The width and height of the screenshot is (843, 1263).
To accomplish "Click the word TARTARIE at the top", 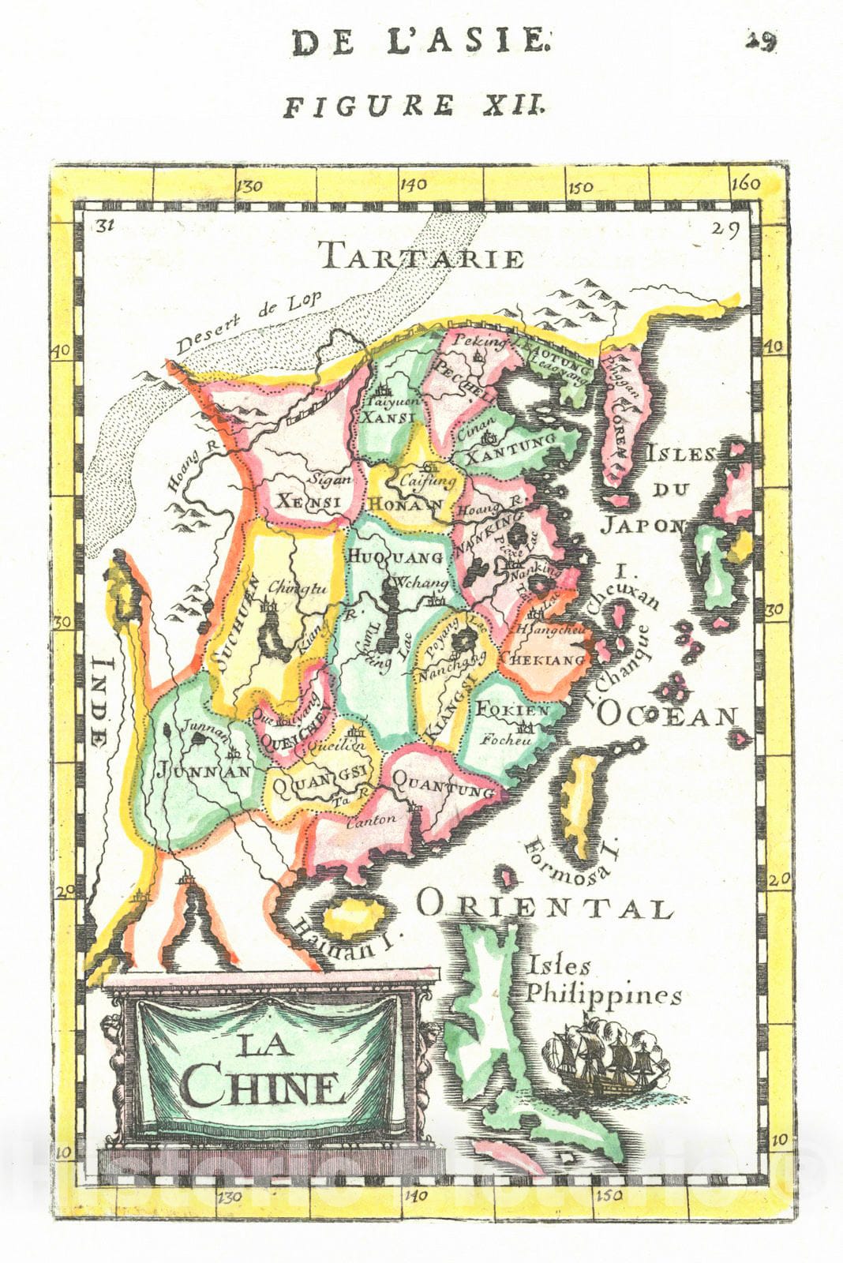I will [x=422, y=257].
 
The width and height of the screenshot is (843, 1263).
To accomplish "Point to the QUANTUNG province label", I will [x=443, y=785].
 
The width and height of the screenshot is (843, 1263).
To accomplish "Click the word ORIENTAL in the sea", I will [x=545, y=905].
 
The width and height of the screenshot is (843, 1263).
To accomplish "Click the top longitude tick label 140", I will [x=413, y=185].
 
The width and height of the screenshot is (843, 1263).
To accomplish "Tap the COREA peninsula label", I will [x=621, y=430].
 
